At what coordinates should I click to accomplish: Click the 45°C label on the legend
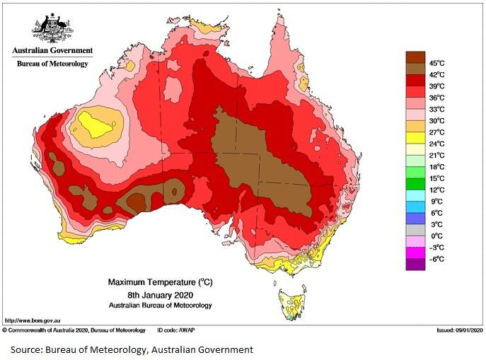[437, 63]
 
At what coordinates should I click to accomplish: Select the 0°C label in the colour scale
[436, 236]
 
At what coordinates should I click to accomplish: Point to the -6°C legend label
[436, 259]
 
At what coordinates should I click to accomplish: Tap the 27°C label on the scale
[437, 132]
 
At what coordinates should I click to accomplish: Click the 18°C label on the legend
[437, 167]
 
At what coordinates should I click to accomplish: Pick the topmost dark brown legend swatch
[415, 57]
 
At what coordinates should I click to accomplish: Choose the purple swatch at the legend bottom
[415, 265]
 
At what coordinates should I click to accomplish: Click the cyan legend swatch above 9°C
[415, 195]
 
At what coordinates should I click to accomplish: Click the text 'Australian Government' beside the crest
[52, 51]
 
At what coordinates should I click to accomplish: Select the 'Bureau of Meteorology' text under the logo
[52, 64]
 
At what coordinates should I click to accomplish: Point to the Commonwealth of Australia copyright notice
[74, 330]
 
